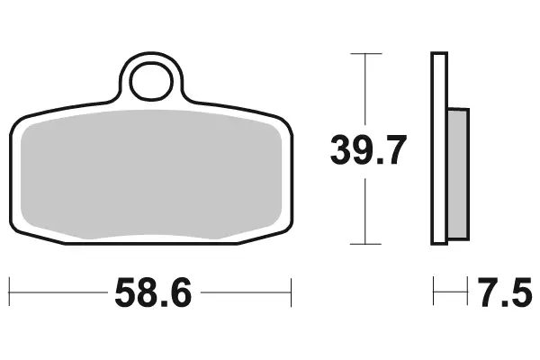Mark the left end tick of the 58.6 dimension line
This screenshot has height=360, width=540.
(x=9, y=292)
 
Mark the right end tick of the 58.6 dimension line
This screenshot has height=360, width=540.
(x=292, y=292)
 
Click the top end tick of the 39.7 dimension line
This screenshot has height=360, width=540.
(x=364, y=54)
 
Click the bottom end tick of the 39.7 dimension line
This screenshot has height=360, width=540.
(x=364, y=244)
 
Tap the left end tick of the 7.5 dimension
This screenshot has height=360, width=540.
(x=434, y=292)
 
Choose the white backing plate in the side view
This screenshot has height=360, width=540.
(x=439, y=148)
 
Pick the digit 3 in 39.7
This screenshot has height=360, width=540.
(x=341, y=151)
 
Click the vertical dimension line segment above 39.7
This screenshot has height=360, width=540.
(x=364, y=90)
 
